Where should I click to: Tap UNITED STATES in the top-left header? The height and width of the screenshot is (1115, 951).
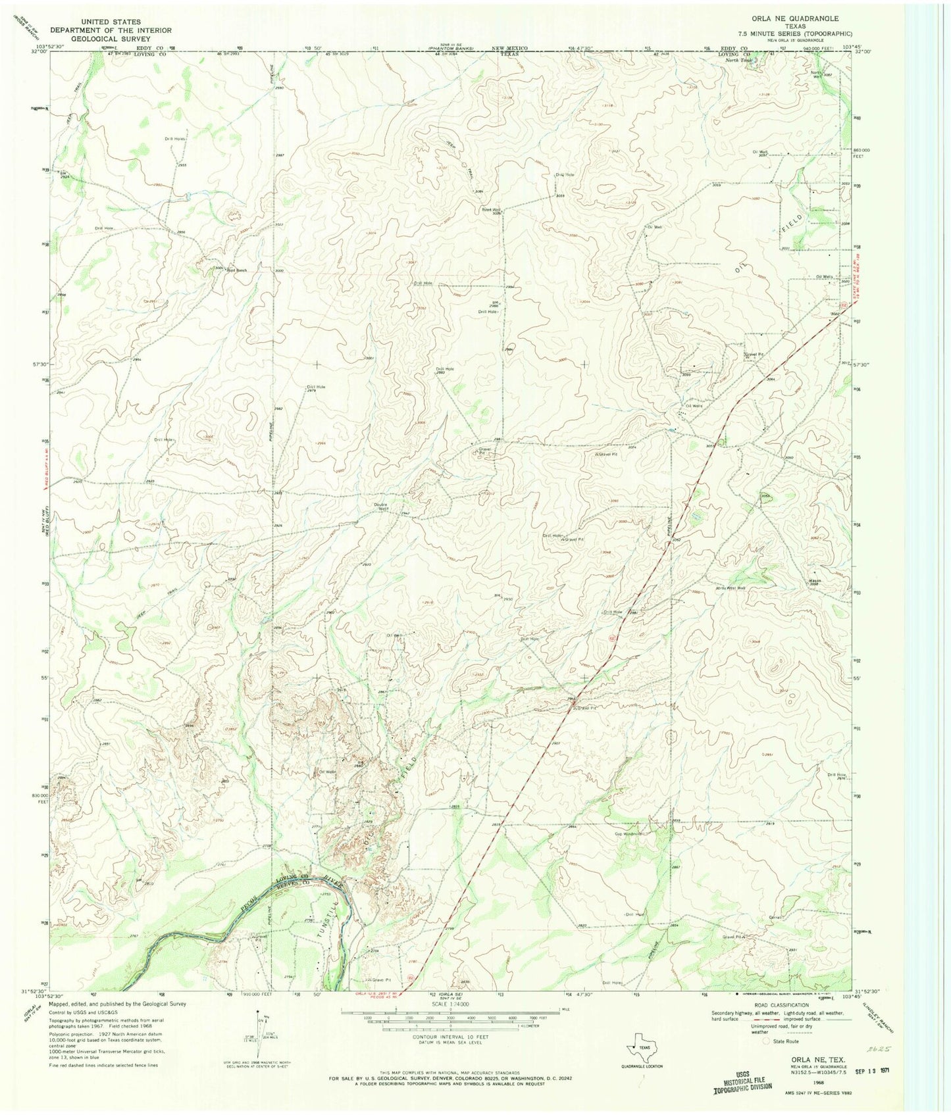111,22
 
